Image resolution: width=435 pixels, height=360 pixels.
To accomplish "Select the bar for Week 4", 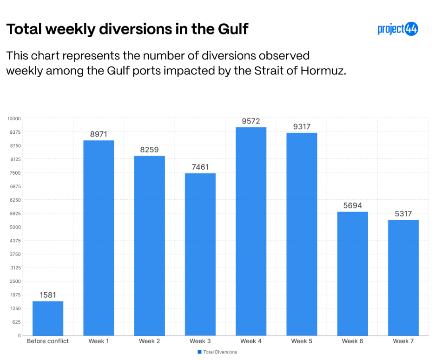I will [x=251, y=231].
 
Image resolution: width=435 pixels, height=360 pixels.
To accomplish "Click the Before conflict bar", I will [x=48, y=318].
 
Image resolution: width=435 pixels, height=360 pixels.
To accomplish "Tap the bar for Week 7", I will [x=403, y=277].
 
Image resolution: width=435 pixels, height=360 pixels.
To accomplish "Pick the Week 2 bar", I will [x=150, y=245].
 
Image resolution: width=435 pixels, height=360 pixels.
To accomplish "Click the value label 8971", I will [x=99, y=134].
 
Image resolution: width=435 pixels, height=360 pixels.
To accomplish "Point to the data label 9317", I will [x=302, y=127].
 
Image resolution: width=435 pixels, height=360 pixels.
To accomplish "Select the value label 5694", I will [x=353, y=205].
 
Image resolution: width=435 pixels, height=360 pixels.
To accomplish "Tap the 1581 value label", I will [x=48, y=295].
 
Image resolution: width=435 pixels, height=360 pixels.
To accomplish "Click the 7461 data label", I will [x=200, y=167].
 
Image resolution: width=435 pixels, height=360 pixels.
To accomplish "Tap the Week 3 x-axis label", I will [x=200, y=341].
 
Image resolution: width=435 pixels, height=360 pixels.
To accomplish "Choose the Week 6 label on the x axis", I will [x=353, y=341].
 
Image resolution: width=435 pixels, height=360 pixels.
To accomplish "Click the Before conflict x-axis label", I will [x=48, y=341].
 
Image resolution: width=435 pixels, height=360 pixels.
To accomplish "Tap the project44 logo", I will [x=398, y=29].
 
